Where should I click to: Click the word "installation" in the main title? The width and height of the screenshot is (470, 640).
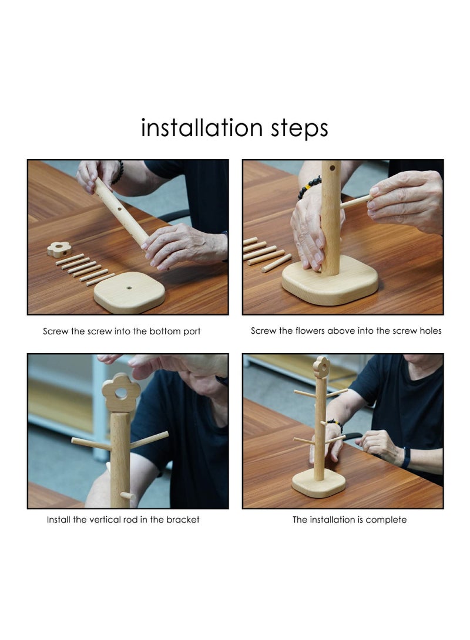[x=202, y=127]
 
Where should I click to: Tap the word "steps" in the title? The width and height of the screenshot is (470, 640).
[x=299, y=130]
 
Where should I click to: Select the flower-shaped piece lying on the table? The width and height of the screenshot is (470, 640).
[x=59, y=248]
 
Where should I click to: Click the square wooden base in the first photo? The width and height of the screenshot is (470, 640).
[x=129, y=292]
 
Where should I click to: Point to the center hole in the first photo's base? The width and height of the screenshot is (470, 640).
[x=129, y=287]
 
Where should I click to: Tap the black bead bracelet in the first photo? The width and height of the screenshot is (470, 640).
[x=118, y=172]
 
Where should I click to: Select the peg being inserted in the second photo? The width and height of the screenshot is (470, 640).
[x=355, y=201]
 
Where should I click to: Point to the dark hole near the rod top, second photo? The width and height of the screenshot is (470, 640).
[x=333, y=167]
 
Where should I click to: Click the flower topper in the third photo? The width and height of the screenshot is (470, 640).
[x=121, y=392]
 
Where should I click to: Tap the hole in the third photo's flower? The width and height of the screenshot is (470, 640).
[x=121, y=392]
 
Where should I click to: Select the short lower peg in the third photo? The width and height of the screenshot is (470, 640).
[x=127, y=496]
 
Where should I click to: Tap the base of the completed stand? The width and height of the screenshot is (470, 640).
[x=319, y=483]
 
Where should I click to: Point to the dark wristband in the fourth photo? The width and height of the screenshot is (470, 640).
[x=406, y=458]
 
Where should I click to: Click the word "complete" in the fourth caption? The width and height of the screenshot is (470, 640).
[x=386, y=520]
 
